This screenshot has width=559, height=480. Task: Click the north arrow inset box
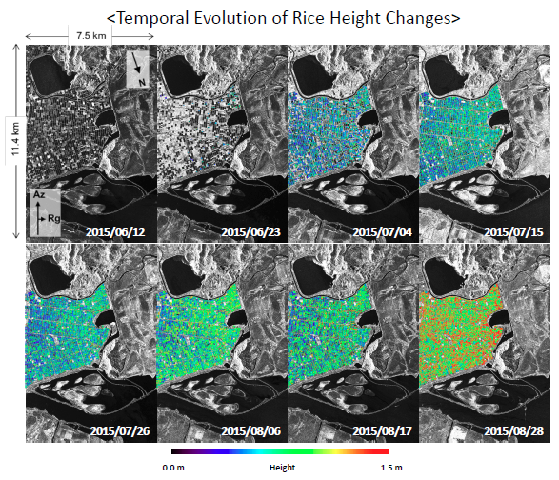(140, 69)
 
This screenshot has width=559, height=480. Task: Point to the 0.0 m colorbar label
(172, 468)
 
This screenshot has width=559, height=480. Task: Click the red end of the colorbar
(384, 451)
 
